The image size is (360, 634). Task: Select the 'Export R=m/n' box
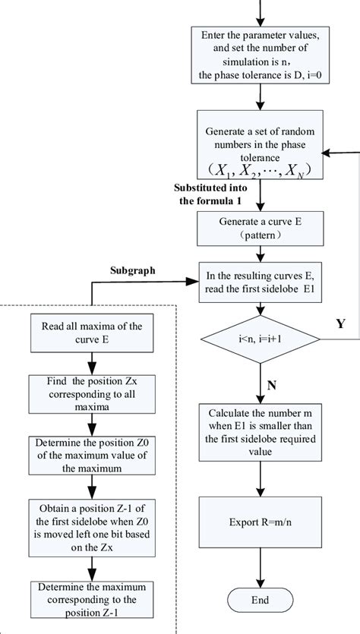tap(261, 523)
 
